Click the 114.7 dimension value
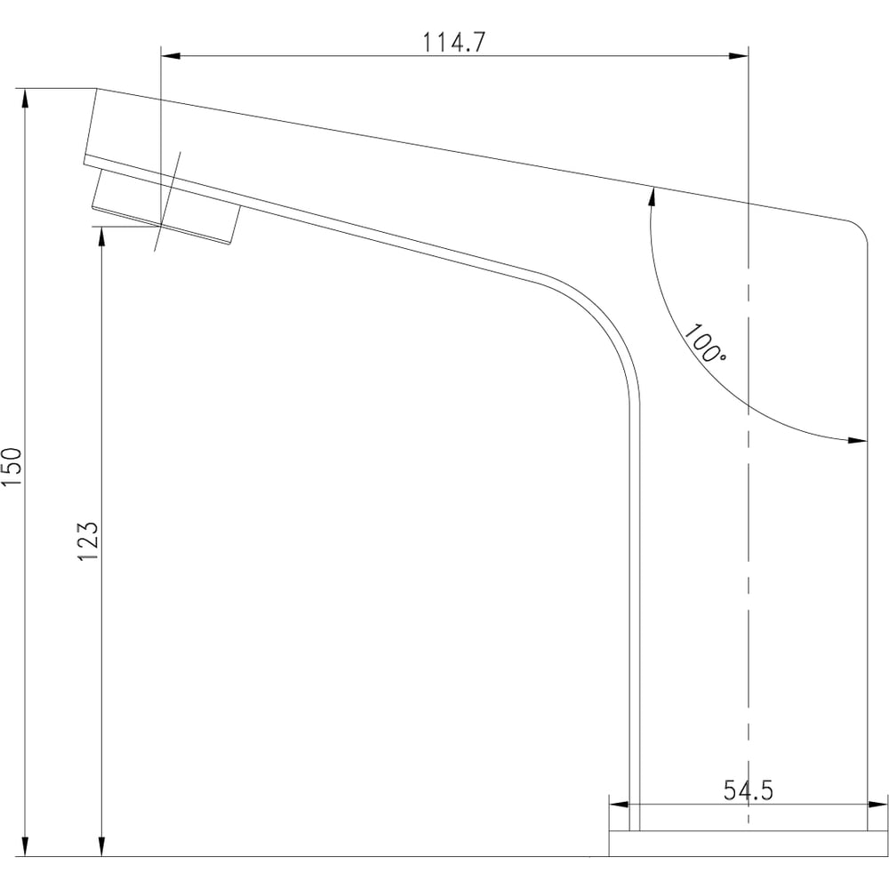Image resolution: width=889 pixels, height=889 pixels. (x=454, y=43)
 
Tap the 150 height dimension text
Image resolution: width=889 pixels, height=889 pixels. (x=12, y=467)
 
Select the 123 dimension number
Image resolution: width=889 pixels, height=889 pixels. (x=88, y=541)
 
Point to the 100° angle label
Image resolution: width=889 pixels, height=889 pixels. (x=704, y=342)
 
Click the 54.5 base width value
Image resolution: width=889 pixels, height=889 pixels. (x=748, y=790)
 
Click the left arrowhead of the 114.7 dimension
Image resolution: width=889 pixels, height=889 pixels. (x=172, y=55)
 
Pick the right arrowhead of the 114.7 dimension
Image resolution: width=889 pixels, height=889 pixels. (x=738, y=55)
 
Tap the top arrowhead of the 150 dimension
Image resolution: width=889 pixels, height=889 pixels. (x=25, y=99)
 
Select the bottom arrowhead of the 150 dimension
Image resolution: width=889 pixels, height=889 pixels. (x=25, y=846)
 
